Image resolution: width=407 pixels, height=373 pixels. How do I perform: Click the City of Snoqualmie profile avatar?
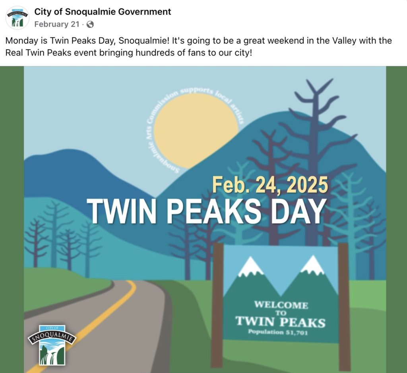(17, 17)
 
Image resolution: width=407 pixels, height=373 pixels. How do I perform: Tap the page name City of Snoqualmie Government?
(103, 12)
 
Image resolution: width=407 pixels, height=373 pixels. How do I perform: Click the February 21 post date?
(57, 24)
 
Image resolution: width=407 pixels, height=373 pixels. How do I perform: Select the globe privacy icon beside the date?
(90, 25)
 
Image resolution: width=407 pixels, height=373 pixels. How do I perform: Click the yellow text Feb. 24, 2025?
(270, 185)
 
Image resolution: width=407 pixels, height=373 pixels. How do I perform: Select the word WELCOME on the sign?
(281, 305)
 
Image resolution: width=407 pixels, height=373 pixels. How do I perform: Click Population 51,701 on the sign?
(278, 332)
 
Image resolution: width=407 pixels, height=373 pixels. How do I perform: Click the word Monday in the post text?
(20, 41)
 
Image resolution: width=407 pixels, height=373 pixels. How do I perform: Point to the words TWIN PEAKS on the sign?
(280, 321)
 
